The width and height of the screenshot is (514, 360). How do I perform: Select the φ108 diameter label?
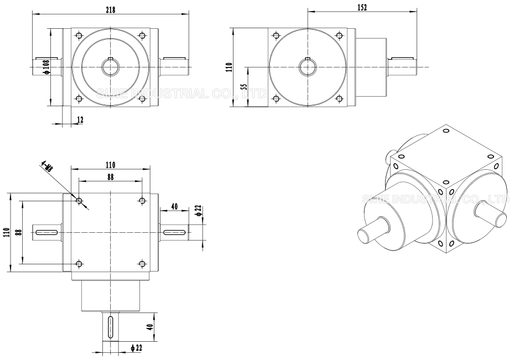pyautogui.click(x=46, y=67)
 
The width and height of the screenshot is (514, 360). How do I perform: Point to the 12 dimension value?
pyautogui.click(x=81, y=120)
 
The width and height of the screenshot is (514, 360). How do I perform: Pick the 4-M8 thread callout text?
pyautogui.click(x=48, y=167)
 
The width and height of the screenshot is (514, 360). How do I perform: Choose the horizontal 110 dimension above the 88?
pyautogui.click(x=110, y=164)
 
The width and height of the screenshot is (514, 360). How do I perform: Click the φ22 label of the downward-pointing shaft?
pyautogui.click(x=137, y=347)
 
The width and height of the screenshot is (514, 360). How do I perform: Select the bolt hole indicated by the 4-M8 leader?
pyautogui.click(x=79, y=200)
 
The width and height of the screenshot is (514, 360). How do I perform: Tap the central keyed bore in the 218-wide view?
pyautogui.click(x=111, y=67)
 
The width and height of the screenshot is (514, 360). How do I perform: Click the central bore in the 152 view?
pyautogui.click(x=306, y=67)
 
